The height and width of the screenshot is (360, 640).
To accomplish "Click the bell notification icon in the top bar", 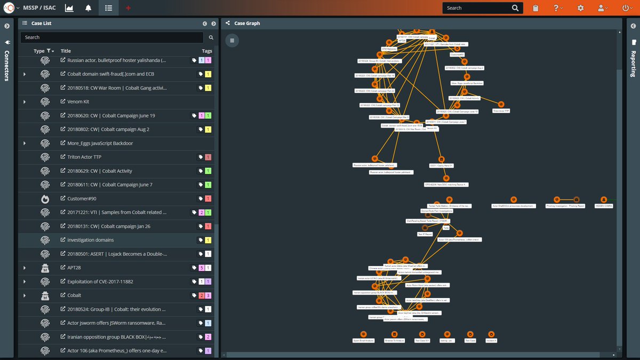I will pos(88,8).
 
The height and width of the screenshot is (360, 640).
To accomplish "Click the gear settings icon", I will pos(580,8).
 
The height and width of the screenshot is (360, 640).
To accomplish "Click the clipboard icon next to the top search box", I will pos(535,8).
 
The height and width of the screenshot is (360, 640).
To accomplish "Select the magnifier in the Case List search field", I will pos(211,37).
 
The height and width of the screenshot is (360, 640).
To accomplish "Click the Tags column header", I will pos(206,51).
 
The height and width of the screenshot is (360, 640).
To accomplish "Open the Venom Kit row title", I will pos(78,102).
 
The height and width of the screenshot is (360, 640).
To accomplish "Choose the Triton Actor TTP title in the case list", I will pos(84,157).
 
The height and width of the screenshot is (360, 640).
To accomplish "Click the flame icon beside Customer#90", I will pos(45,199).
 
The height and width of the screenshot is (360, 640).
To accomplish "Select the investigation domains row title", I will pos(90,241).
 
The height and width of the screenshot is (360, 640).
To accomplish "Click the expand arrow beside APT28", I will pos(25,268).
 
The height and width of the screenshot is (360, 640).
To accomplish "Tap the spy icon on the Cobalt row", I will pos(45,295).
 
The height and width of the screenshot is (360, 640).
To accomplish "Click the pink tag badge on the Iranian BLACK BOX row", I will pos(208,337).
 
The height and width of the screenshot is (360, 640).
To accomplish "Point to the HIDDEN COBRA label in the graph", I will pos(604,206).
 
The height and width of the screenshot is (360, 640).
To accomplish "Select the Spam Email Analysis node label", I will pos(363,340).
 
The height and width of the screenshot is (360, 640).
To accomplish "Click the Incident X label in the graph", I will pos(491,340).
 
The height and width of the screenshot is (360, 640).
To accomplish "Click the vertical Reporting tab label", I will pos(634,64).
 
